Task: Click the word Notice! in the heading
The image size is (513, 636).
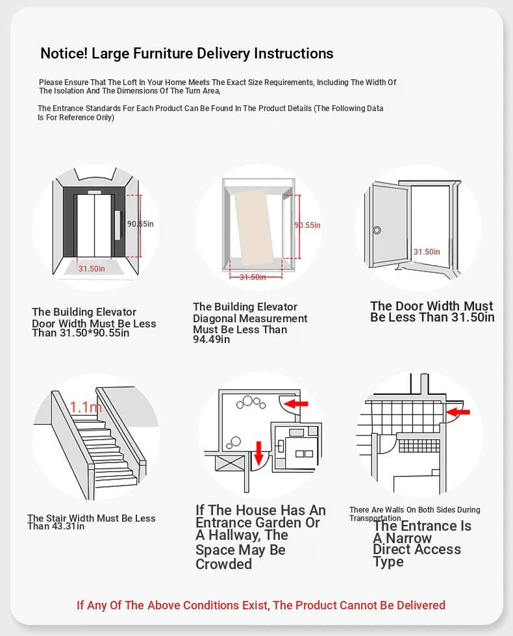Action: point(64,53)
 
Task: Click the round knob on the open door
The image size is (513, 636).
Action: point(377,231)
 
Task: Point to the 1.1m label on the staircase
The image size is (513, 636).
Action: point(86,407)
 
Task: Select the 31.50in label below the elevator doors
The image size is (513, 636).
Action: point(92,268)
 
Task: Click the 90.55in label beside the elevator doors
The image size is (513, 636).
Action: point(140,224)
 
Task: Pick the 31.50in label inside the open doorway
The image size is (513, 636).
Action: point(427,252)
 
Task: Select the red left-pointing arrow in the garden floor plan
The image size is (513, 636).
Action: point(296,403)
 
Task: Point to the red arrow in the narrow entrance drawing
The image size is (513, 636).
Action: point(458,412)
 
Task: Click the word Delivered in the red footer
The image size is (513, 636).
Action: point(421,605)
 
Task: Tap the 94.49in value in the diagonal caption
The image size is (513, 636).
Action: point(211,340)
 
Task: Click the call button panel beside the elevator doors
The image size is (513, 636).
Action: point(118,225)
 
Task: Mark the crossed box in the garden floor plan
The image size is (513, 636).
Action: point(231,463)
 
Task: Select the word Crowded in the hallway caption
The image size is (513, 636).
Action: point(224,564)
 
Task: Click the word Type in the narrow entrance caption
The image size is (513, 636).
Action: point(388,562)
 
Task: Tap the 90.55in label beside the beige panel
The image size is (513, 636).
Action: point(307,225)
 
